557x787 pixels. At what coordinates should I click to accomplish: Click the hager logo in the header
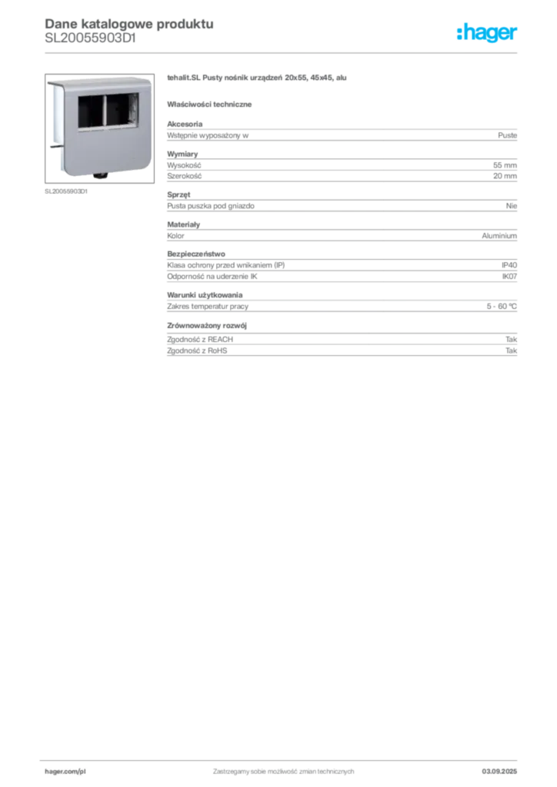(x=487, y=32)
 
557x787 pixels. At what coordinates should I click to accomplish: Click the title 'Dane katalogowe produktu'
(x=129, y=24)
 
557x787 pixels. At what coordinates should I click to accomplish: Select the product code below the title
(x=91, y=38)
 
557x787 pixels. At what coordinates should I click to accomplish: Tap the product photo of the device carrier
(x=99, y=128)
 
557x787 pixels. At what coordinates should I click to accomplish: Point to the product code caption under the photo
(x=66, y=191)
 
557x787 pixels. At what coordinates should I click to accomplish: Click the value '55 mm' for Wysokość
(x=505, y=165)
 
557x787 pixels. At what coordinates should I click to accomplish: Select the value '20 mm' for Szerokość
(x=505, y=176)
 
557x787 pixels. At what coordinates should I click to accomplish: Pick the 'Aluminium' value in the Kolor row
(x=499, y=236)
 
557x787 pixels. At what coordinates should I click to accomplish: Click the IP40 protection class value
(x=509, y=265)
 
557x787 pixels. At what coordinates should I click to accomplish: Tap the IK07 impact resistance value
(x=509, y=277)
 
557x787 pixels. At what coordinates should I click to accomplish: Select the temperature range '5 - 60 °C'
(x=502, y=306)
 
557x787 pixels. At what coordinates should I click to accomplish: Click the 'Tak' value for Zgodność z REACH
(x=512, y=339)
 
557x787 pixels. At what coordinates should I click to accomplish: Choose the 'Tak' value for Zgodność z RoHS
(x=512, y=350)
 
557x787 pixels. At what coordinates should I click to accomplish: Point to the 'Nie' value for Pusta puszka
(x=512, y=206)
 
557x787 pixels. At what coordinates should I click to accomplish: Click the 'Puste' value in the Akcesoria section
(x=507, y=135)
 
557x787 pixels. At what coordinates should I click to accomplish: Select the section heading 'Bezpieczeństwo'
(x=196, y=254)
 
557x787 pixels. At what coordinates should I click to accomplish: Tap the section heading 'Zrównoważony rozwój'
(x=207, y=326)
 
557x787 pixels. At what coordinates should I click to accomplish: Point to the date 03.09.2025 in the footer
(x=499, y=772)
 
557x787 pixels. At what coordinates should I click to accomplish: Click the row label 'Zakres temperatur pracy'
(x=208, y=306)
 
